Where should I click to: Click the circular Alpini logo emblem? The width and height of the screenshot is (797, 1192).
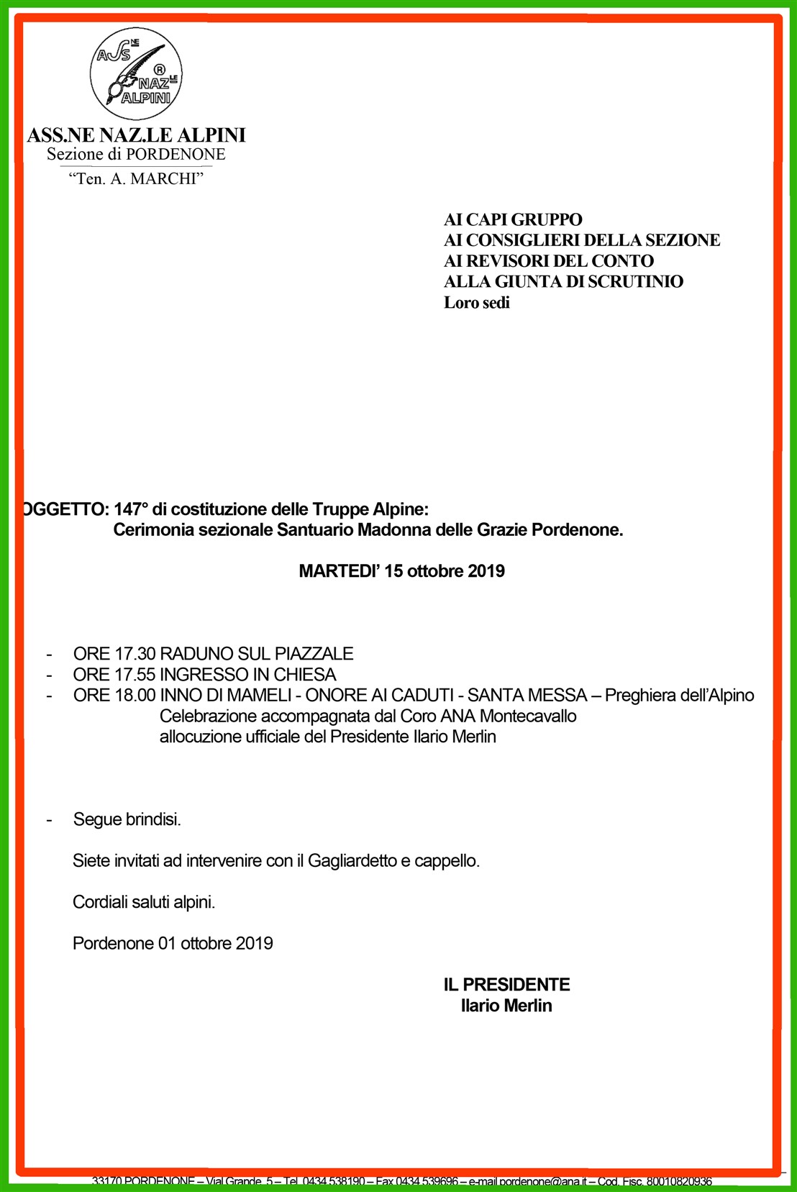tap(135, 75)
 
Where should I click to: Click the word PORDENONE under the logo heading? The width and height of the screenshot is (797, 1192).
tap(176, 155)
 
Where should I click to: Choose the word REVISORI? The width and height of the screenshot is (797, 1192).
tap(502, 261)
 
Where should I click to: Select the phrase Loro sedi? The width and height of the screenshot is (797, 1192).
tap(476, 303)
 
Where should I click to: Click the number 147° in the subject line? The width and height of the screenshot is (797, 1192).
tap(130, 509)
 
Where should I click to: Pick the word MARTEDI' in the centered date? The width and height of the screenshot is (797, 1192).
tap(339, 571)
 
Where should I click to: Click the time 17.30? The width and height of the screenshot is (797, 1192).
tap(135, 654)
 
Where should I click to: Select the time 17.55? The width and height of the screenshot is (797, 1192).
tap(135, 675)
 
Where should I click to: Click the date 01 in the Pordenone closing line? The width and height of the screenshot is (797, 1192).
tap(167, 944)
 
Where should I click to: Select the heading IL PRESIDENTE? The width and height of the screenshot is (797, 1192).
tap(506, 985)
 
